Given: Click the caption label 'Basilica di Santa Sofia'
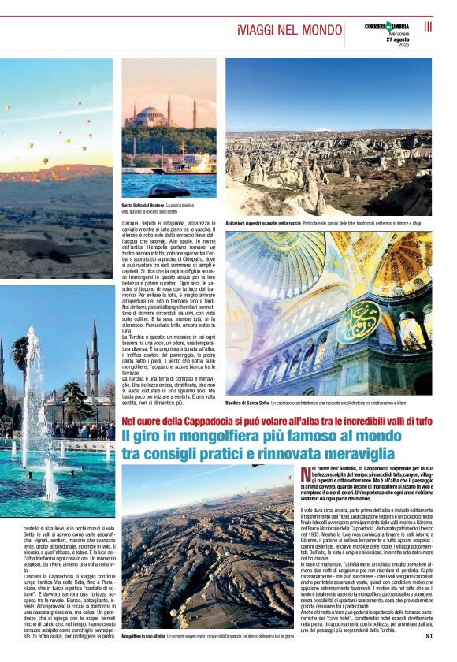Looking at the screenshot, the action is point(247,402).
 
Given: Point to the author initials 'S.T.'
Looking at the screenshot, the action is point(429,634).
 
